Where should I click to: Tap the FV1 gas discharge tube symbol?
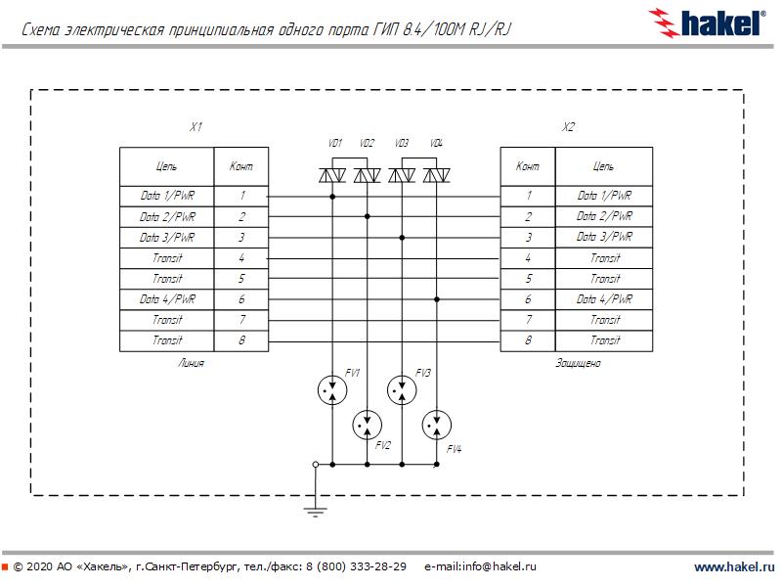point(332,390)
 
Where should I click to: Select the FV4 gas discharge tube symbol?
point(437,426)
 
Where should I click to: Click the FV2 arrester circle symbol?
point(367,426)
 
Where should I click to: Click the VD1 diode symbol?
point(332,176)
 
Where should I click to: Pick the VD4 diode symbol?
point(437,176)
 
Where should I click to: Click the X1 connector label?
point(195,128)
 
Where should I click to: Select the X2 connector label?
point(569,128)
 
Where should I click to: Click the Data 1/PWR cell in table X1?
point(167,197)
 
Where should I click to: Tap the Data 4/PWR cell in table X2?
point(604,299)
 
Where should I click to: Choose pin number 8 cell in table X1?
point(241,340)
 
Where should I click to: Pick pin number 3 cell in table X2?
point(528,238)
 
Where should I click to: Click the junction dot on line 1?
point(332,197)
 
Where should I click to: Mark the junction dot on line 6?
point(437,299)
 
